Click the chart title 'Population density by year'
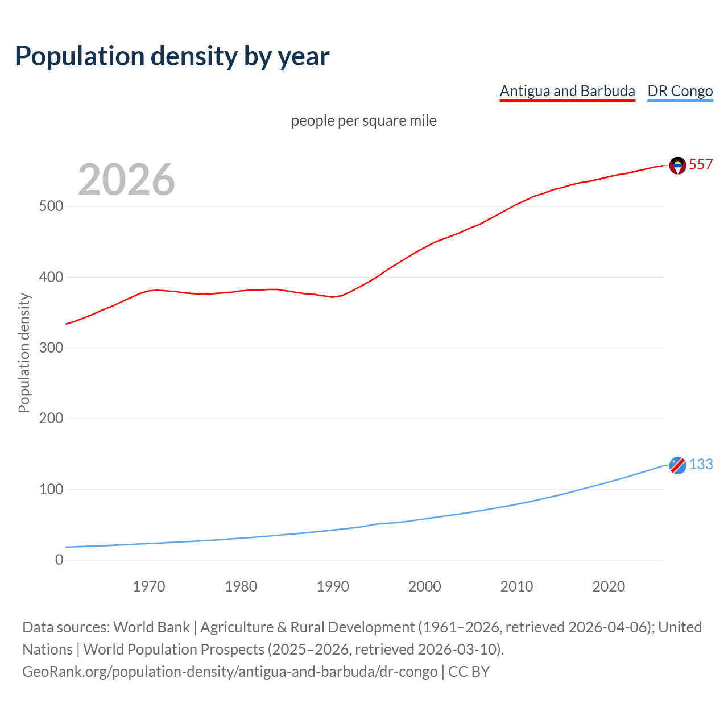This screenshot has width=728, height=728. [172, 56]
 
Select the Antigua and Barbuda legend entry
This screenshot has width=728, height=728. [567, 91]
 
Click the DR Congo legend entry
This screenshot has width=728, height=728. [680, 91]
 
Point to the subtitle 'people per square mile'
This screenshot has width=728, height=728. [363, 121]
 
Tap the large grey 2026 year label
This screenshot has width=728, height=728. [126, 180]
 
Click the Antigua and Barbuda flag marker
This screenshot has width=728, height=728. [677, 165]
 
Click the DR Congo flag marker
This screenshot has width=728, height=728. [677, 465]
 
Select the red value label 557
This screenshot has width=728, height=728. [701, 164]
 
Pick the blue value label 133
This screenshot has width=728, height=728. [701, 464]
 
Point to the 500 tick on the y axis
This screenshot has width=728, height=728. [51, 206]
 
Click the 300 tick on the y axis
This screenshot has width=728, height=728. [51, 348]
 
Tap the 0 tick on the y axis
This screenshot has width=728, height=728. [59, 560]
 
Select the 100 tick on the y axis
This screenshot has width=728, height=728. [51, 489]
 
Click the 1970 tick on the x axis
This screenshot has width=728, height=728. [149, 586]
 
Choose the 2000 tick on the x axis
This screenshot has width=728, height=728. [425, 586]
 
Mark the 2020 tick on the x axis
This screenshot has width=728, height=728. [609, 586]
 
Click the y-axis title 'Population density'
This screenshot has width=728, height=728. [24, 353]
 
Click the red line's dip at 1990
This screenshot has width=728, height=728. [333, 297]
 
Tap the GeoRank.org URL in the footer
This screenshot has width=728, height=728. [230, 672]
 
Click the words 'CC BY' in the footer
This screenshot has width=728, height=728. [469, 672]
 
